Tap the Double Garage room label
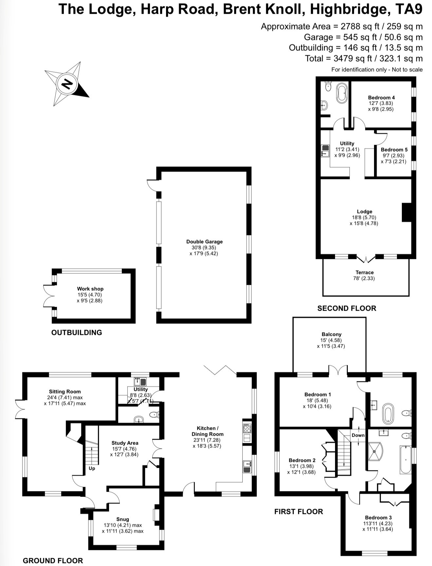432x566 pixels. tap(204, 242)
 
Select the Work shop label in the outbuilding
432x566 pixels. tap(90, 289)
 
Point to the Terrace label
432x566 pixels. tap(365, 272)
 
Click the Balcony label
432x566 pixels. tap(331, 334)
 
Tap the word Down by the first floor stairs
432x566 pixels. tap(358, 435)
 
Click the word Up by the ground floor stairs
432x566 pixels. tap(92, 468)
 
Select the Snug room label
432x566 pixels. tap(123, 519)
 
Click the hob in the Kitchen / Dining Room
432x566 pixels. tap(247, 429)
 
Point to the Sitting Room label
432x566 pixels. tap(65, 392)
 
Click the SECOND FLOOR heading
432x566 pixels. tap(347, 308)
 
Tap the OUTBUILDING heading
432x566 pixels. tap(77, 332)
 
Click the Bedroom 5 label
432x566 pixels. tap(394, 150)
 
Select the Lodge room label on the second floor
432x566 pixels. tap(365, 211)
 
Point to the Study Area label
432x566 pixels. tap(125, 443)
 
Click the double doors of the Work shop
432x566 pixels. tap(48, 296)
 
